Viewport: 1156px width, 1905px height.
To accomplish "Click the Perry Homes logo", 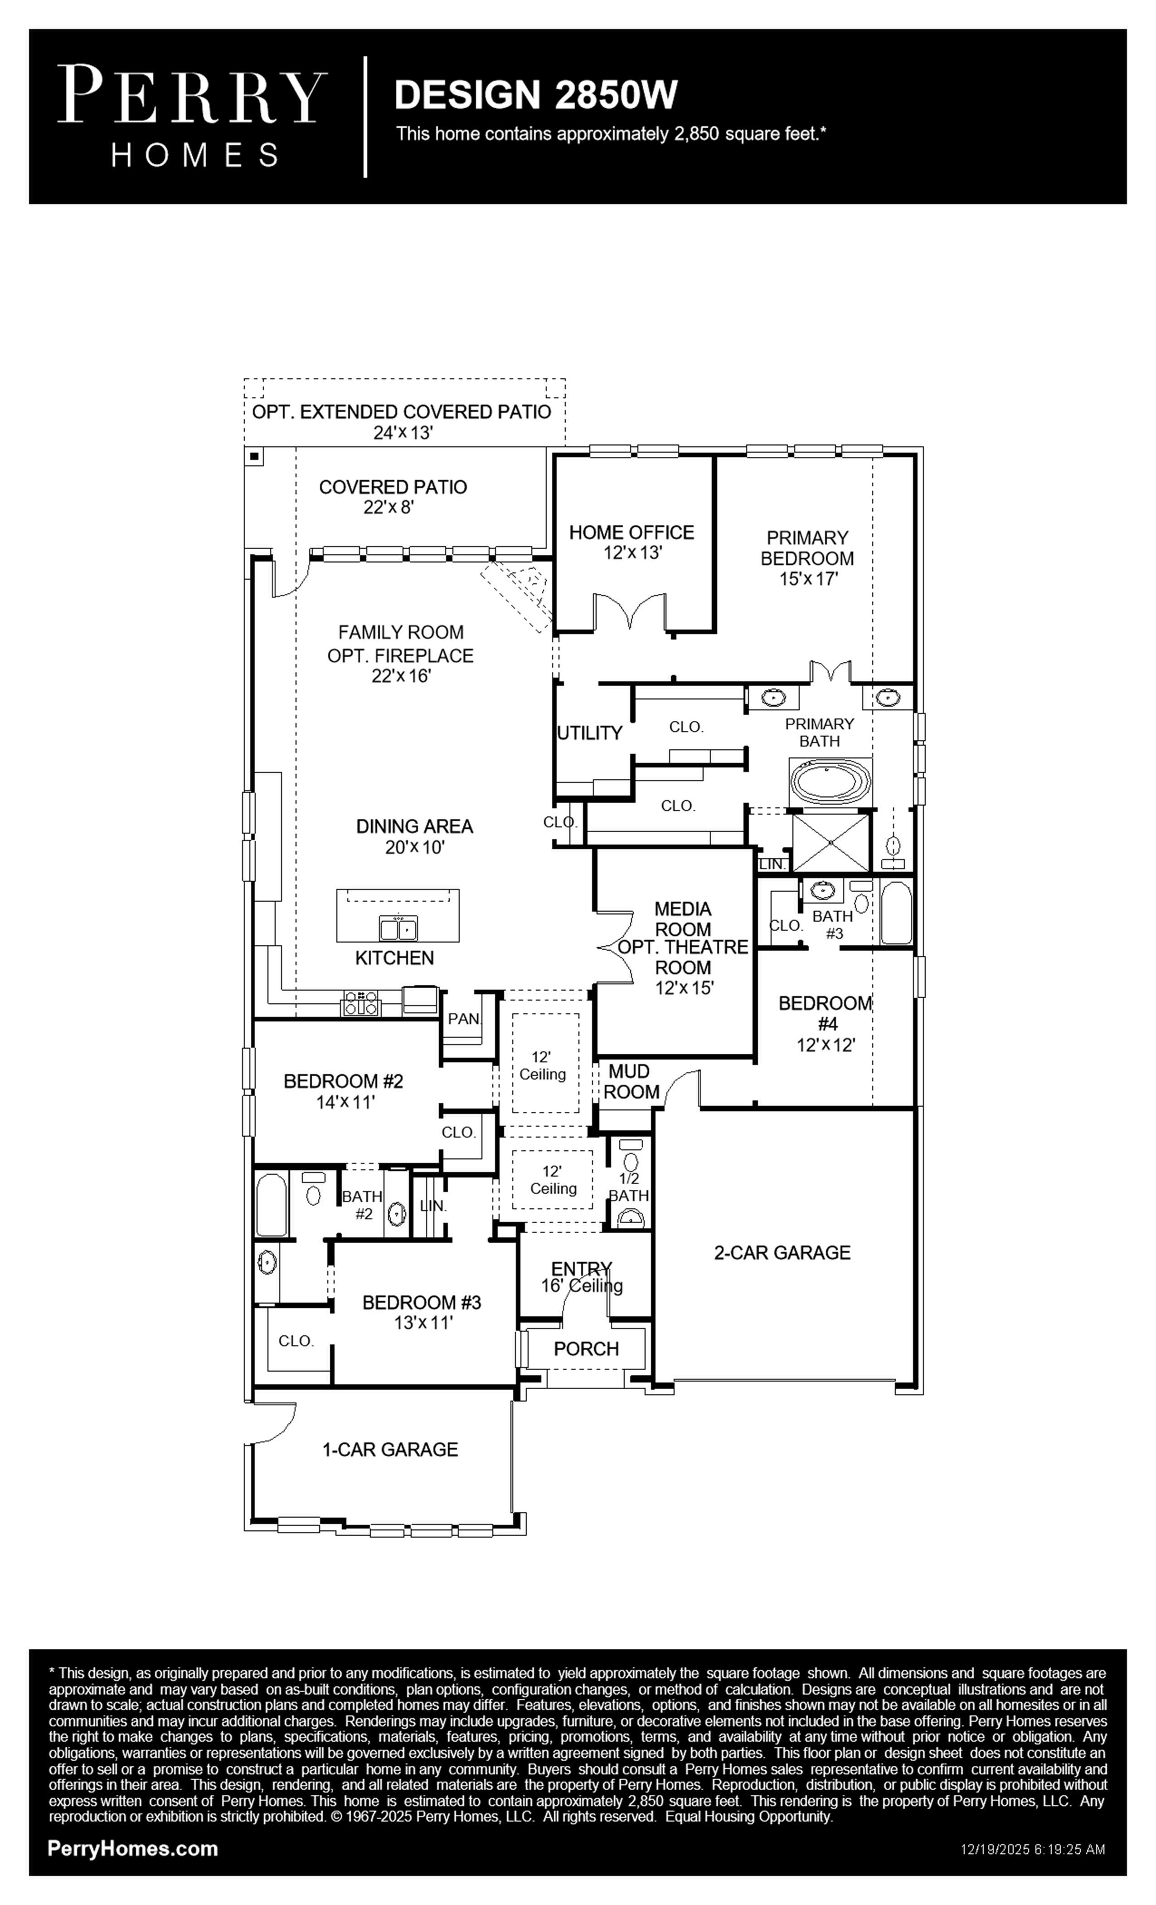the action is click(x=192, y=116).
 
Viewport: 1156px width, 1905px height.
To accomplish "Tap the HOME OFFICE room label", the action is click(x=631, y=532).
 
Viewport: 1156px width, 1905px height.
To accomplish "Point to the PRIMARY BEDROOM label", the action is click(x=807, y=547).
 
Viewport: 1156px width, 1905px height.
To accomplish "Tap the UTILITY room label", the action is click(x=590, y=733).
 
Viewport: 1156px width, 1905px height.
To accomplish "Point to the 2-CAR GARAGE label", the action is click(x=782, y=1252).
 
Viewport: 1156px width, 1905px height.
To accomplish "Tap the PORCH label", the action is click(x=587, y=1349).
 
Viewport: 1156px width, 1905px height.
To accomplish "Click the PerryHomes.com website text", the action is click(x=133, y=1849).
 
